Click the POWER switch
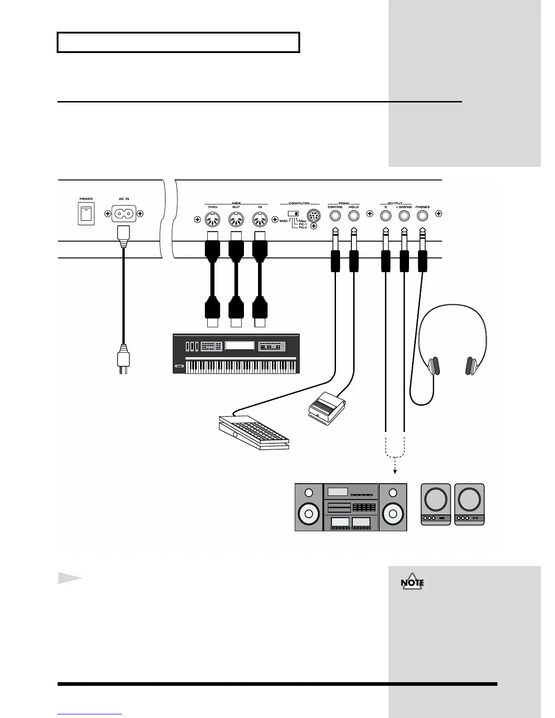click(x=86, y=213)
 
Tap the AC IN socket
click(x=124, y=213)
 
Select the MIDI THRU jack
click(x=212, y=221)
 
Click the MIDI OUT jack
click(x=236, y=221)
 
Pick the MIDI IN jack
click(x=260, y=221)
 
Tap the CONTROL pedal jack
click(x=335, y=216)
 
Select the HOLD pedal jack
click(x=354, y=216)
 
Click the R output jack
click(x=385, y=216)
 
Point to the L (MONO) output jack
click(x=404, y=216)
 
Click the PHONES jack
click(x=423, y=216)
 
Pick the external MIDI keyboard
click(x=236, y=354)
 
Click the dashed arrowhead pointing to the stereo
click(x=395, y=471)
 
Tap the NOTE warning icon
click(x=412, y=583)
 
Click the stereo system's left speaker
click(x=309, y=507)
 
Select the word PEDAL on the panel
click(x=344, y=204)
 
